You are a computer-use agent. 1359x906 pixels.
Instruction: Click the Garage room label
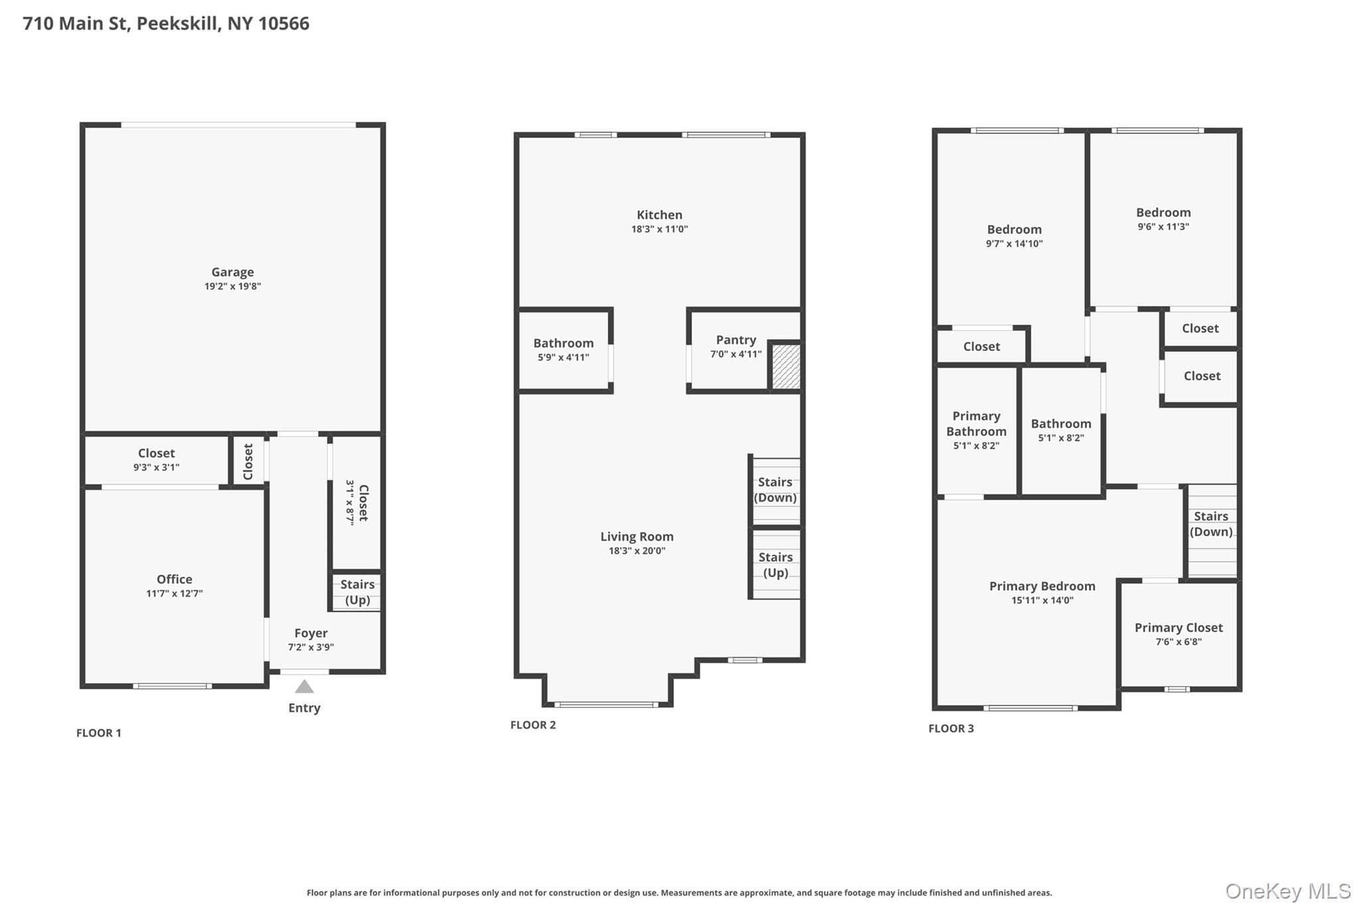pyautogui.click(x=232, y=272)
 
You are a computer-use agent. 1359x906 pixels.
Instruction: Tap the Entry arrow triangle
pyautogui.click(x=304, y=686)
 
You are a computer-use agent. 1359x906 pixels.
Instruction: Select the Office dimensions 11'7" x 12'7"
pyautogui.click(x=175, y=593)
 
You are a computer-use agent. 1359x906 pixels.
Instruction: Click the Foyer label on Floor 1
pyautogui.click(x=311, y=633)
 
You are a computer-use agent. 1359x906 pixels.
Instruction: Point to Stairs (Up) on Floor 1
pyautogui.click(x=357, y=592)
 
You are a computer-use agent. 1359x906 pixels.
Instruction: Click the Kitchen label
pyautogui.click(x=659, y=215)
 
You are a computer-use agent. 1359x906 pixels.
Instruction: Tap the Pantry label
pyautogui.click(x=736, y=340)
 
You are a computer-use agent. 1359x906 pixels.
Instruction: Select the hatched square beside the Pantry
pyautogui.click(x=786, y=366)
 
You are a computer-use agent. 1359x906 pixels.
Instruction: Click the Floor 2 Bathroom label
pyautogui.click(x=563, y=343)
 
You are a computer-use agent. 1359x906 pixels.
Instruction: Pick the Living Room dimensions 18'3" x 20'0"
pyautogui.click(x=637, y=551)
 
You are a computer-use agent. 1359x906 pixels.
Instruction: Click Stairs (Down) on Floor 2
pyautogui.click(x=775, y=490)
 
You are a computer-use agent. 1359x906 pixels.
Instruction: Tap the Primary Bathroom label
pyautogui.click(x=976, y=423)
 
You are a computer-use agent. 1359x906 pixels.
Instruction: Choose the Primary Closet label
pyautogui.click(x=1179, y=628)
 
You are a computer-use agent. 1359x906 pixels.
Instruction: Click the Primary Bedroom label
pyautogui.click(x=1042, y=586)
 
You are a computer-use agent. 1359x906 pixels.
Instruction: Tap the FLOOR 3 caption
pyautogui.click(x=951, y=728)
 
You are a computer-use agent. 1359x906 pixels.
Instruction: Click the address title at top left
pyautogui.click(x=166, y=23)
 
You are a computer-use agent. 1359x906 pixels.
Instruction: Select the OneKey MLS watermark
pyautogui.click(x=1288, y=891)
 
